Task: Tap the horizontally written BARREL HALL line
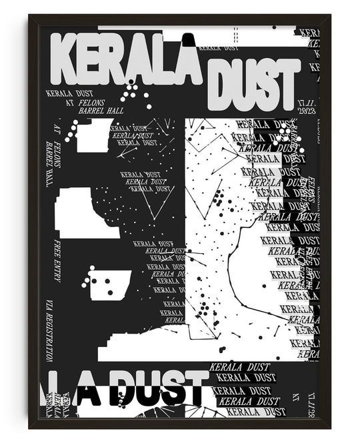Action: (x=97, y=112)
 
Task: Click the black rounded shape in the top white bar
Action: (x=189, y=40)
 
